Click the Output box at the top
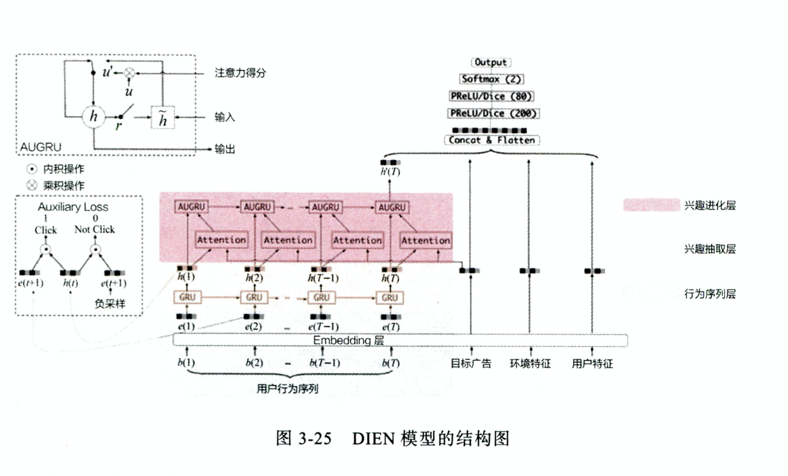490,62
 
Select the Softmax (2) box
491,79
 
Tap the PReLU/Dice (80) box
491,96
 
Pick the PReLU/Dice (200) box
493,113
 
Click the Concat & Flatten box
492,140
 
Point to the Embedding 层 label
348,340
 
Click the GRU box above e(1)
187,297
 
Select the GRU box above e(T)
389,298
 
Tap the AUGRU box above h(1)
191,207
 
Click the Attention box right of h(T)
426,241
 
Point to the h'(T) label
390,172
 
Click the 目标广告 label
471,363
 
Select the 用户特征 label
592,363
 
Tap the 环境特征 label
530,363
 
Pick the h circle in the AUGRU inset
94,117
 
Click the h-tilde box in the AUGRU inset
163,118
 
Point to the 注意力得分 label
240,73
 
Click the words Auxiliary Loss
73,207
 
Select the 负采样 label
110,304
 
